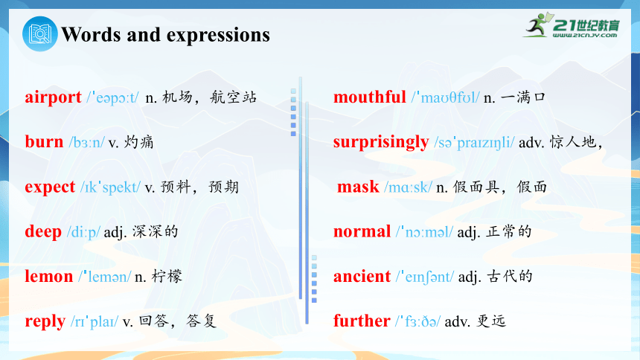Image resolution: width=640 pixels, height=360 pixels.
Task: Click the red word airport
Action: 53,97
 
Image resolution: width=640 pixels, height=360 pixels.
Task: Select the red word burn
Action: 44,141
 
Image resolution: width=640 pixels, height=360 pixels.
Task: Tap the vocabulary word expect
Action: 50,187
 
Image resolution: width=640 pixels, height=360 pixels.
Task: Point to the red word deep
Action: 43,231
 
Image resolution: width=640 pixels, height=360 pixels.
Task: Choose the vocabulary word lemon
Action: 49,277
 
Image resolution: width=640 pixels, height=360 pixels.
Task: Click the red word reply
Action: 45,321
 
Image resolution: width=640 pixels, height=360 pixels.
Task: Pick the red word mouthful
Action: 370,97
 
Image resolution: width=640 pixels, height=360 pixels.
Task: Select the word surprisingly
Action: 381,143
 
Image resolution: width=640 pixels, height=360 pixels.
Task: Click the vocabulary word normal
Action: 362,231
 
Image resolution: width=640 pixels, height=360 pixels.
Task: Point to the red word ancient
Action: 362,277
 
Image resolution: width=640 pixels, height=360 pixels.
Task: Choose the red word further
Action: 362,321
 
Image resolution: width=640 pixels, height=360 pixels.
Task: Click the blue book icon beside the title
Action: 40,34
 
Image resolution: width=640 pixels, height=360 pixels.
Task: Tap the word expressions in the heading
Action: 218,36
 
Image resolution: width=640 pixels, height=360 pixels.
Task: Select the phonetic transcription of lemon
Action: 105,277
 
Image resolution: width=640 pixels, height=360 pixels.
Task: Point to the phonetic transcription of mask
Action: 408,187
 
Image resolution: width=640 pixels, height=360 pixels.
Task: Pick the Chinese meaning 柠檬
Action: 167,277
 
